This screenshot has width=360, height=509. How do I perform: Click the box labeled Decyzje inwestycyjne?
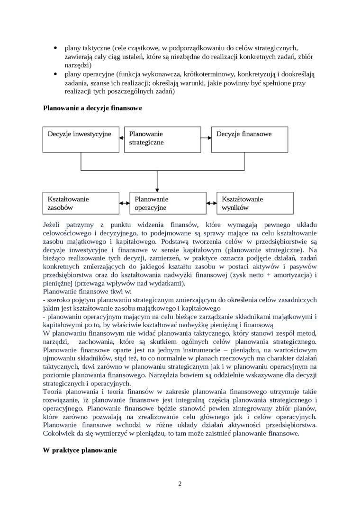click(81, 139)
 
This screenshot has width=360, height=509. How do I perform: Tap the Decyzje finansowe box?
click(250, 139)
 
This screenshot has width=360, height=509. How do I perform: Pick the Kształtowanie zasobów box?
click(81, 203)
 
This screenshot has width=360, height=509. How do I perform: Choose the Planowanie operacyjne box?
click(168, 203)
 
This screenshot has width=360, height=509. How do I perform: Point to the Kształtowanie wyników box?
click(255, 203)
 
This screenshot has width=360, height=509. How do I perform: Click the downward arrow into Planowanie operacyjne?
click(157, 182)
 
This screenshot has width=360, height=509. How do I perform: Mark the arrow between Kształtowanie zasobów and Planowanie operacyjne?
click(125, 203)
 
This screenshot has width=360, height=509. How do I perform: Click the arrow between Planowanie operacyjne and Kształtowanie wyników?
click(211, 203)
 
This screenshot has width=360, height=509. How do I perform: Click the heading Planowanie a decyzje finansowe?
click(93, 108)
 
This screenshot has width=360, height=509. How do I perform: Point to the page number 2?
click(180, 483)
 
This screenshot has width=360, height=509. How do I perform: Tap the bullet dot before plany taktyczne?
click(56, 48)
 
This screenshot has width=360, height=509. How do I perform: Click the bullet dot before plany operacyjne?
click(56, 74)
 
